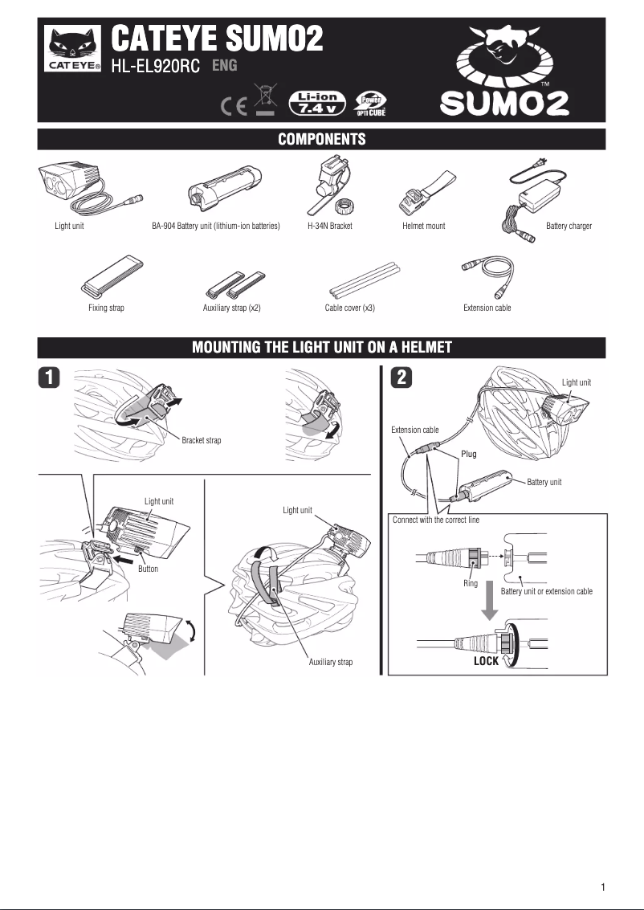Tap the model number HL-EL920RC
click(156, 67)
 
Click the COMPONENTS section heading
click(322, 140)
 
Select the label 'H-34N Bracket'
click(330, 226)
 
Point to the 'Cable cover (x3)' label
click(349, 308)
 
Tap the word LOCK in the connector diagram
click(486, 662)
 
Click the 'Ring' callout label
click(471, 584)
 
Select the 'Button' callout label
click(148, 569)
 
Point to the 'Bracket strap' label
click(202, 440)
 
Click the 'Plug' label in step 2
click(469, 455)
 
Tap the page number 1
click(602, 888)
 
